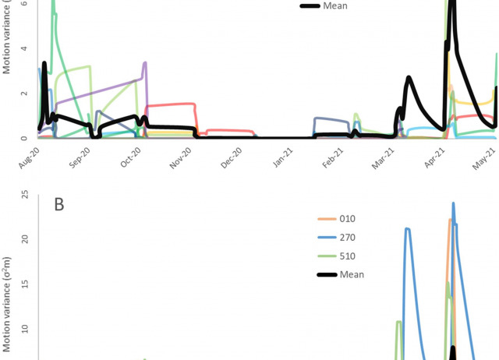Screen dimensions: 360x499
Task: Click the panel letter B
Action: click(x=59, y=205)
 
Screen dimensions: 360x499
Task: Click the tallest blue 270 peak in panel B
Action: click(x=453, y=204)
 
